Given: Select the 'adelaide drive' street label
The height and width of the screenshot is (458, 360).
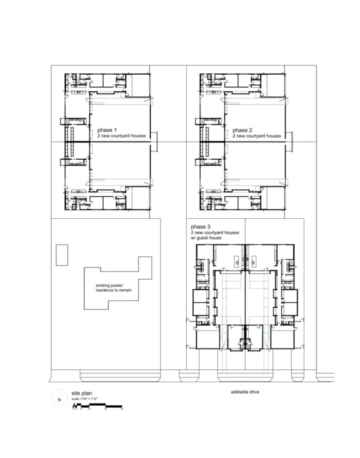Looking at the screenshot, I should coord(245,392).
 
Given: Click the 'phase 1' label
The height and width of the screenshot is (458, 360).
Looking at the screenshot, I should coord(107,130).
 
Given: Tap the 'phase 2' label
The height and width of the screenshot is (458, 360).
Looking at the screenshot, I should coord(242,130).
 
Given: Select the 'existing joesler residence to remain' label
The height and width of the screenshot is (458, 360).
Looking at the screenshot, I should coord(114,288).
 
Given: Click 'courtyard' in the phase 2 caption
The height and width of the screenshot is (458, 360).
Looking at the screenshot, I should coord(257,136).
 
